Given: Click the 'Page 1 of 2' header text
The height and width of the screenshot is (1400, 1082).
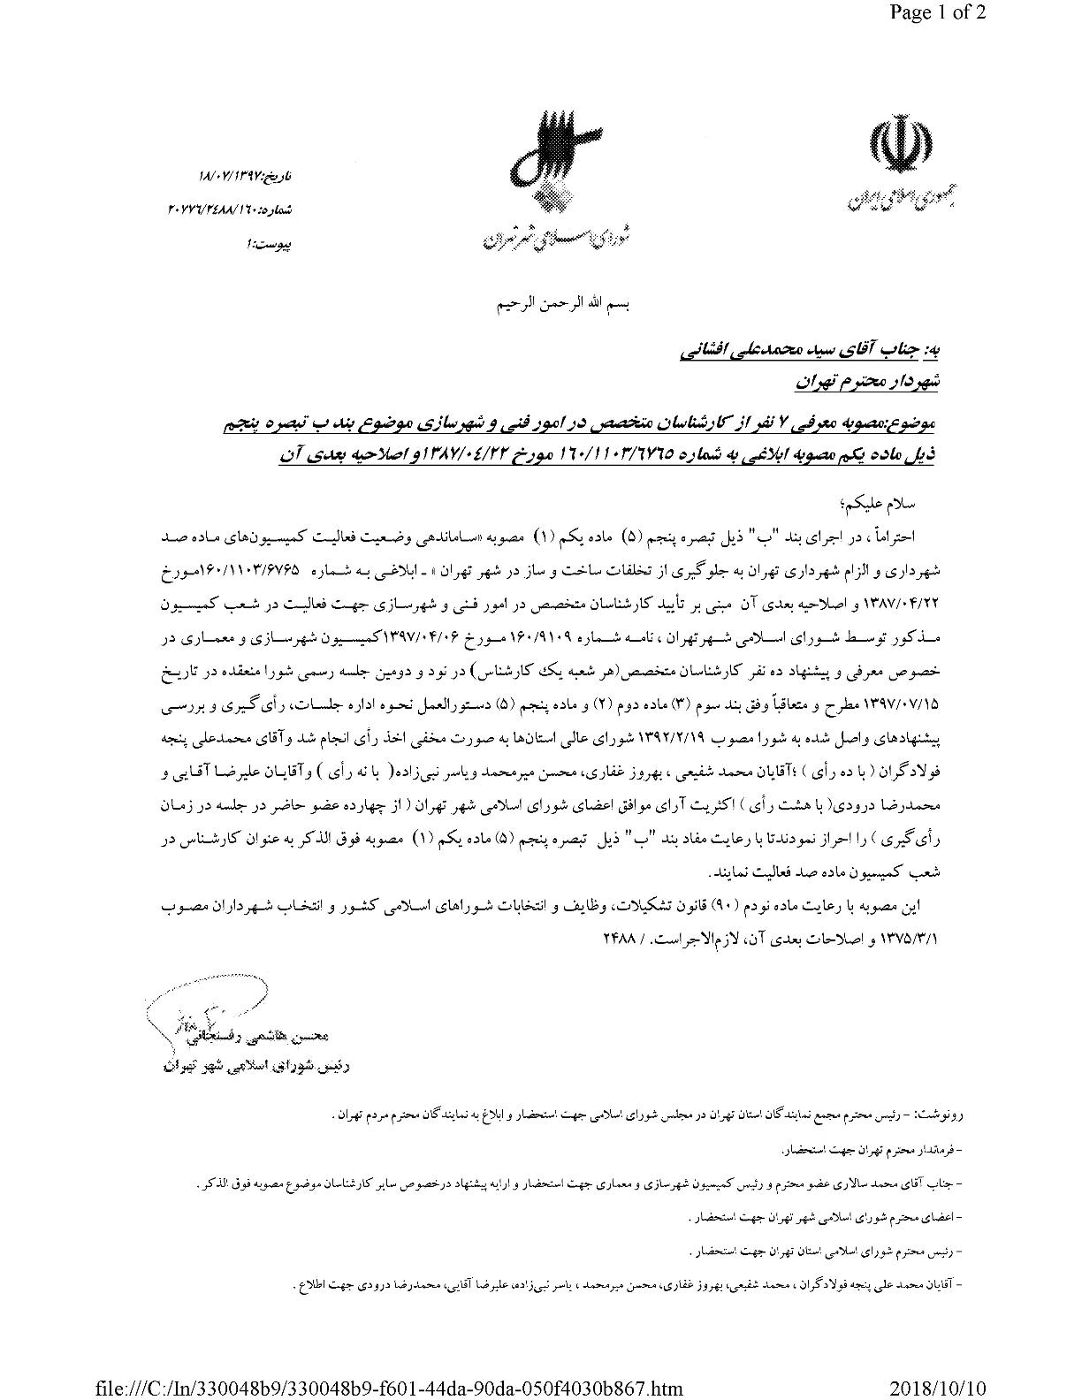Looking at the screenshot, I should tap(935, 13).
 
